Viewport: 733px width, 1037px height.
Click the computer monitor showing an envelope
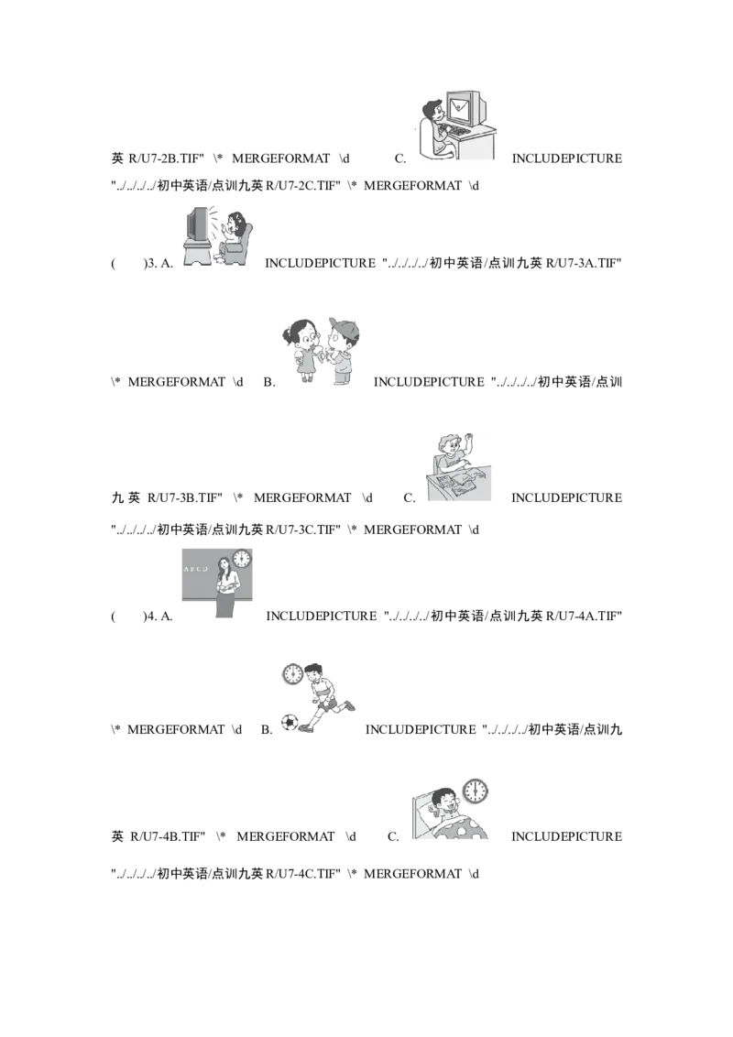point(466,108)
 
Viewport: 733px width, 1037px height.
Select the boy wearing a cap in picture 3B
point(342,351)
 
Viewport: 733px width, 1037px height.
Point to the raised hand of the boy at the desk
point(469,439)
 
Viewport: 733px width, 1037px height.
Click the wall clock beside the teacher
point(242,560)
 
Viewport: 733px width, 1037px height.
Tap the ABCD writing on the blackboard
point(196,569)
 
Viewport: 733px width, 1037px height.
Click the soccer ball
point(290,722)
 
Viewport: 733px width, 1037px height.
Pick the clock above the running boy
point(292,674)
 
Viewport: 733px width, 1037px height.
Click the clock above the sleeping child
point(475,791)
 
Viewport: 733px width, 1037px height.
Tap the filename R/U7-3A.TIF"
point(585,263)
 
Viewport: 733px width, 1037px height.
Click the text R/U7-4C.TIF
point(303,874)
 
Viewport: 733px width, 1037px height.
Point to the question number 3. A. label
point(159,263)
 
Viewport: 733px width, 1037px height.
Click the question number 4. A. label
point(159,617)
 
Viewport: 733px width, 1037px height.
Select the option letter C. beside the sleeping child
point(394,836)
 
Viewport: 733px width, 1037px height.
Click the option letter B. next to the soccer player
point(267,730)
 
